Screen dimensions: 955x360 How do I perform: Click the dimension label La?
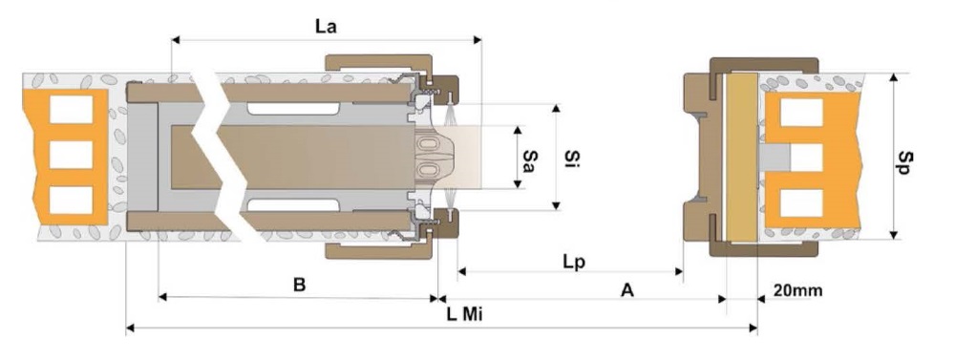326,27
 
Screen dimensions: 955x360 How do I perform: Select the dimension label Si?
571,159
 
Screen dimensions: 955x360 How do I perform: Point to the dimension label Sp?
905,161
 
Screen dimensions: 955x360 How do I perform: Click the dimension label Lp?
574,262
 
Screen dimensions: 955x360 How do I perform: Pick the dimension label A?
627,290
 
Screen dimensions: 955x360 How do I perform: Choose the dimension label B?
299,285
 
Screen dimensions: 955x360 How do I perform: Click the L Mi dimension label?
465,315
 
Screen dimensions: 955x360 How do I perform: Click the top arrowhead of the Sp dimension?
894,78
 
